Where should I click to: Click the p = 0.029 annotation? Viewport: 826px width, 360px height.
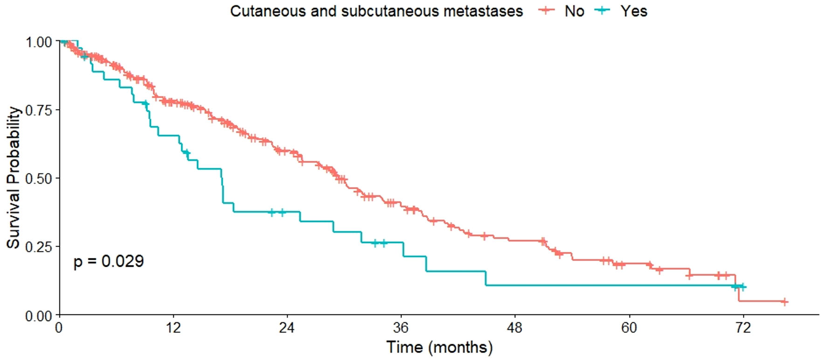[x=109, y=261]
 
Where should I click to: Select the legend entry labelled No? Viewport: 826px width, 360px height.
[x=574, y=11]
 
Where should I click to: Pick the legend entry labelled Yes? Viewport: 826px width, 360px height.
[x=633, y=11]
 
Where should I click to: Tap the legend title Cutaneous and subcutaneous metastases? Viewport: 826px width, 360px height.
[x=376, y=11]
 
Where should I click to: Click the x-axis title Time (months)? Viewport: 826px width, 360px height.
[x=439, y=347]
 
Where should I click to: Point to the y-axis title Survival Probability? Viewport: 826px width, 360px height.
[x=13, y=178]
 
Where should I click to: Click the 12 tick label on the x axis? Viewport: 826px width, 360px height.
[x=173, y=328]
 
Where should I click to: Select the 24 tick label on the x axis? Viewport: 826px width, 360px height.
[x=287, y=328]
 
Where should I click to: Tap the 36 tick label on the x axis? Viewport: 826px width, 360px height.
[x=401, y=328]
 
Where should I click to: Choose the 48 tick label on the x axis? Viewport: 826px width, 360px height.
[x=515, y=328]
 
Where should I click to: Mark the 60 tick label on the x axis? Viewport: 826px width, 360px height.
[x=629, y=328]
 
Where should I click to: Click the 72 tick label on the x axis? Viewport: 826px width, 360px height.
[x=743, y=328]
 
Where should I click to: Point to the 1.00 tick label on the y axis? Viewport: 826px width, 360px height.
[x=39, y=42]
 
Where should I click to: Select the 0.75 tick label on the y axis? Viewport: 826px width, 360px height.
[x=39, y=110]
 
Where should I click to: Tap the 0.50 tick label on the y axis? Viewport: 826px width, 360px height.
[x=39, y=179]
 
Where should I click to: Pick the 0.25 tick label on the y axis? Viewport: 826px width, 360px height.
[x=39, y=247]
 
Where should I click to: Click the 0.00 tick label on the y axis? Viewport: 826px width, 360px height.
[x=39, y=316]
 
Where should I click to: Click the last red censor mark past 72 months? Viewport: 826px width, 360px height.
[x=785, y=302]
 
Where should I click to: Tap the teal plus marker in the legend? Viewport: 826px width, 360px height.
[x=603, y=10]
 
